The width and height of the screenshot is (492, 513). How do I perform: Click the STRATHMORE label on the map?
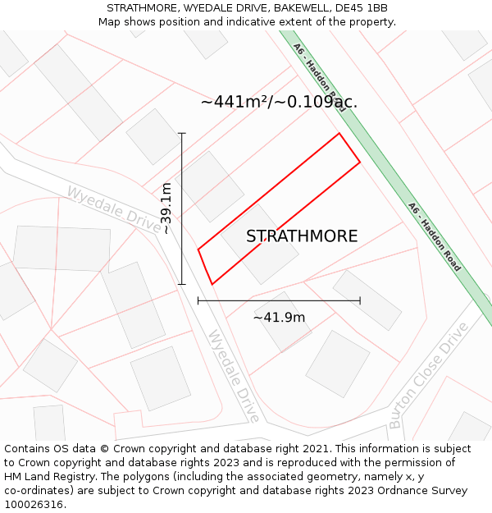pyautogui.click(x=302, y=236)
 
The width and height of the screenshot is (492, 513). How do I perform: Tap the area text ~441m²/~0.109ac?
pyautogui.click(x=279, y=102)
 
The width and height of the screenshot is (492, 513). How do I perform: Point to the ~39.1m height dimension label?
pyautogui.click(x=166, y=208)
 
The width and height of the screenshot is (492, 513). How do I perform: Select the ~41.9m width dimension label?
pyautogui.click(x=279, y=318)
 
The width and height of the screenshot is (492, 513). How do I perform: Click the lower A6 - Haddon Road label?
pyautogui.click(x=434, y=237)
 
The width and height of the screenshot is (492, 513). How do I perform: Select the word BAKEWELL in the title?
pyautogui.click(x=301, y=8)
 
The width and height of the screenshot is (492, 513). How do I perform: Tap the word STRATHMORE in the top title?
pyautogui.click(x=143, y=8)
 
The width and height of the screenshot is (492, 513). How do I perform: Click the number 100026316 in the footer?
pyautogui.click(x=34, y=504)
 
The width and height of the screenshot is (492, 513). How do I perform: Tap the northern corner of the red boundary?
pyautogui.click(x=339, y=133)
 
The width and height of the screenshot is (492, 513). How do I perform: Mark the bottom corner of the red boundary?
pyautogui.click(x=212, y=284)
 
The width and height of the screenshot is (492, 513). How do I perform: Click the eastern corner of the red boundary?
pyautogui.click(x=360, y=163)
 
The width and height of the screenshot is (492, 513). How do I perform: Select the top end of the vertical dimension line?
pyautogui.click(x=182, y=133)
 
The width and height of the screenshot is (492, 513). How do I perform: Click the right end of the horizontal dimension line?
pyautogui.click(x=360, y=300)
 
